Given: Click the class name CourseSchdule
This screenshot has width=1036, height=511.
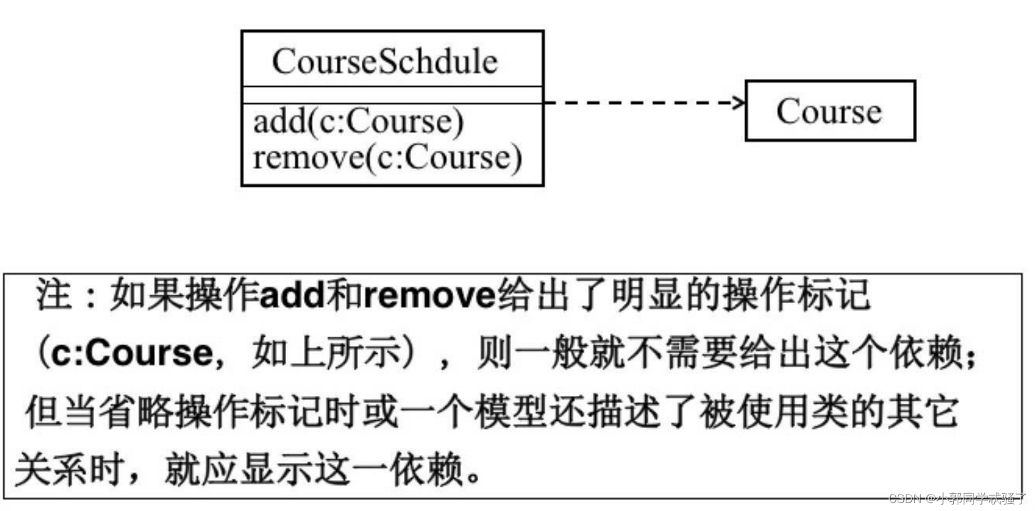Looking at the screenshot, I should click(x=385, y=61).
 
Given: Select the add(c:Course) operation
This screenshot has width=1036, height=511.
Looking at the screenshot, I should click(x=358, y=122).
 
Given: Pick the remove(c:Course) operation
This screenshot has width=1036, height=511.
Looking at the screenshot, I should click(x=387, y=157).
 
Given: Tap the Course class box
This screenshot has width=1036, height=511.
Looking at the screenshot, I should click(x=829, y=110).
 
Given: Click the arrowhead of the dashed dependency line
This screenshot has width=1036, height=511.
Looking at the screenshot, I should click(x=739, y=103).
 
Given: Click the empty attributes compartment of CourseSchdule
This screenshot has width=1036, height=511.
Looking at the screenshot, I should click(x=392, y=95).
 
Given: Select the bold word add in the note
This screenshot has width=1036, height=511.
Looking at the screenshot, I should click(x=292, y=295).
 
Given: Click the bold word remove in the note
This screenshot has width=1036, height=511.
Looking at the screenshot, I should click(x=429, y=295).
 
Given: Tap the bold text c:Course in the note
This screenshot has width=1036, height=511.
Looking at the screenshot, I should click(x=132, y=353).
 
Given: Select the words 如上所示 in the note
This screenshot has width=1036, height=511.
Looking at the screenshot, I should click(x=326, y=353).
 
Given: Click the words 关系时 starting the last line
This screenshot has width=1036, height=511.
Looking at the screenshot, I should click(x=69, y=470).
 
